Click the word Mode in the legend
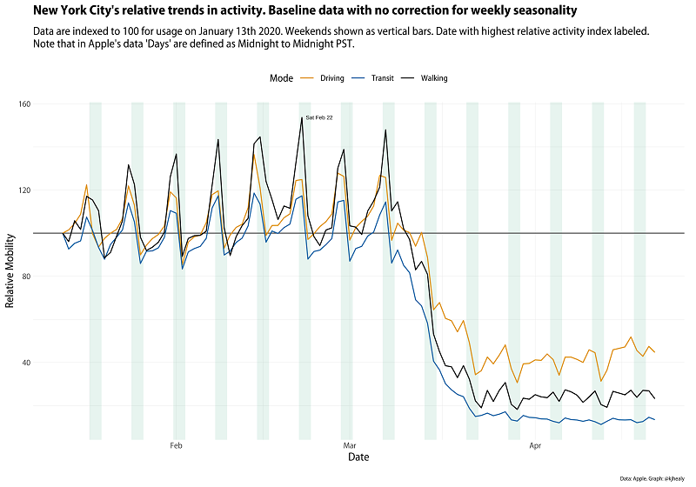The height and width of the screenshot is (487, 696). pos(281,78)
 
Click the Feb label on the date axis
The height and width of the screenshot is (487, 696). pos(177,446)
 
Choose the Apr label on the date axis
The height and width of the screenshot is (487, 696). pos(535,446)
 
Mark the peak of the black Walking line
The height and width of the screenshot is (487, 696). pos(302,117)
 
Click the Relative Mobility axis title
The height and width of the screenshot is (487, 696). pos(11,270)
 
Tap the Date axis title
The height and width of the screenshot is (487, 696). pos(358,458)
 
